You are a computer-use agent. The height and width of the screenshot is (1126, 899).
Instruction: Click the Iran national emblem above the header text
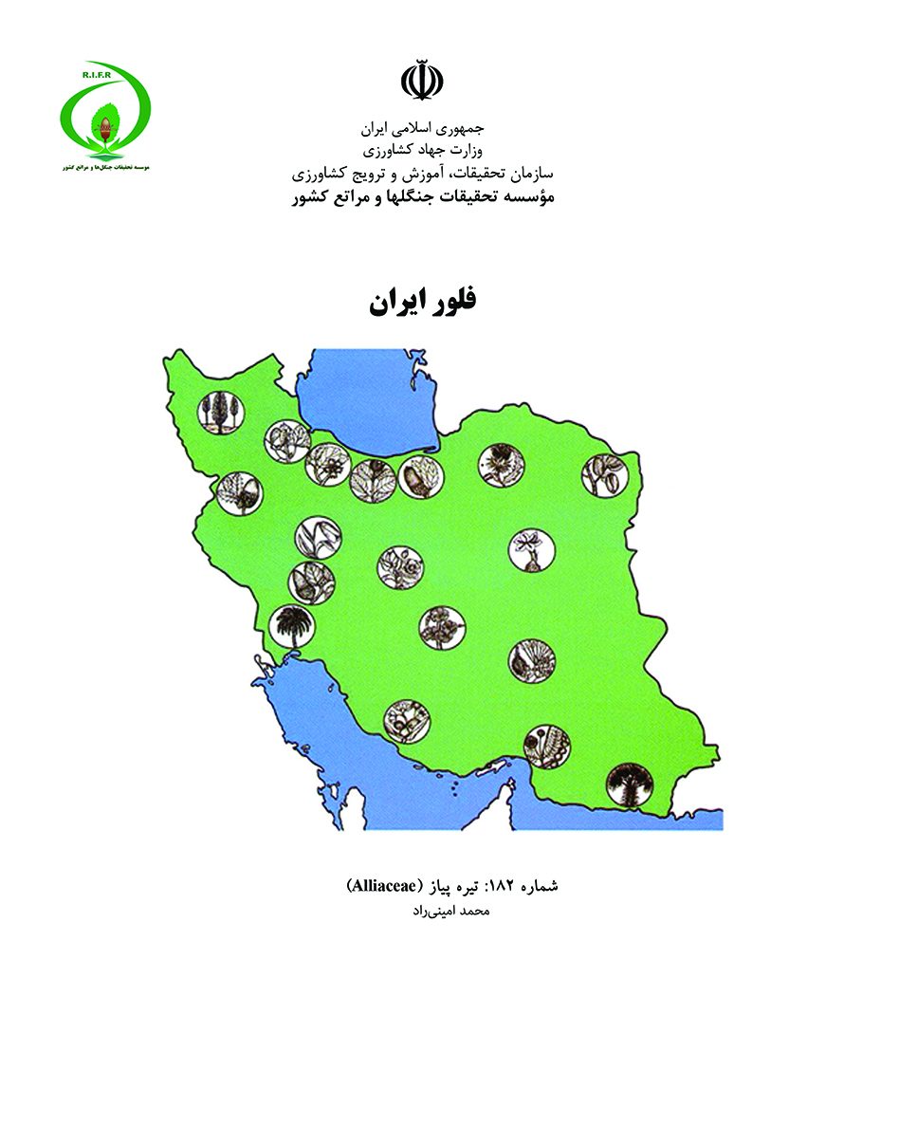coord(422,82)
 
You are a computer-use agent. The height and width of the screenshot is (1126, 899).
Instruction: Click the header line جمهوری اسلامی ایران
coord(422,127)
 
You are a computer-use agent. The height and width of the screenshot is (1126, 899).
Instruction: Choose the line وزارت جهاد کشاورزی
coord(422,151)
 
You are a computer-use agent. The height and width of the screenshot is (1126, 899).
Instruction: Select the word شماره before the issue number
coord(537,886)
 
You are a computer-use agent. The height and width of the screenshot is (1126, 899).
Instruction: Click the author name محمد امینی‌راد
coord(446,912)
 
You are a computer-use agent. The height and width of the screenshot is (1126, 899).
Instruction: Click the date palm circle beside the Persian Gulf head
coord(291,627)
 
